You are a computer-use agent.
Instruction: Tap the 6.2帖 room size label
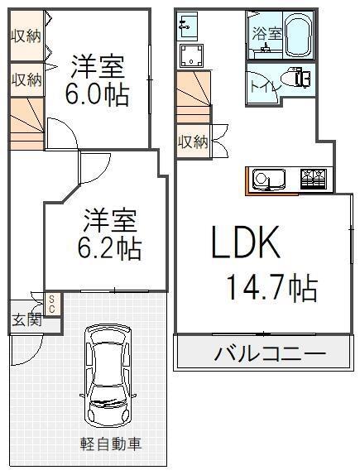click(109, 249)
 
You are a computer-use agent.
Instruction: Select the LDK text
click(245, 242)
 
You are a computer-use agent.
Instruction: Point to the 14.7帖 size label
click(271, 289)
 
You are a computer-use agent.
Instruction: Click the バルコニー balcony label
click(270, 353)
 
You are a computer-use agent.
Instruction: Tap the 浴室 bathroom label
click(267, 33)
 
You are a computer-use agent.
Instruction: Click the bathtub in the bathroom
click(299, 35)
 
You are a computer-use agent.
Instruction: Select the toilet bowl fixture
click(295, 78)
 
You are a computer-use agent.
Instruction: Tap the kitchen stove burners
click(312, 180)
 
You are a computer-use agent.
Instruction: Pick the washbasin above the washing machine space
click(187, 26)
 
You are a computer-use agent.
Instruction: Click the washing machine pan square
click(191, 55)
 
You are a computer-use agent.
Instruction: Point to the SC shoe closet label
click(51, 305)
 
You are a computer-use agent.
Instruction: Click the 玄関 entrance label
click(27, 320)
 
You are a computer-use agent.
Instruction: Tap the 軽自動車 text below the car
click(111, 444)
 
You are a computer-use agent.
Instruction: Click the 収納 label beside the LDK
click(193, 142)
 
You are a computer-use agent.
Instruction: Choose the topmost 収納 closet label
click(26, 37)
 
